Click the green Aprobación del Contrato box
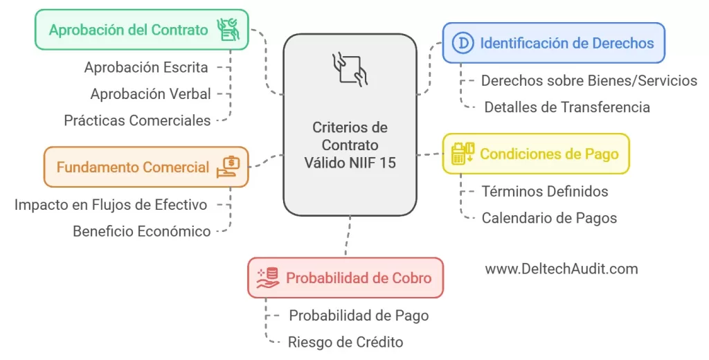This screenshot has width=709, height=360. pyautogui.click(x=141, y=29)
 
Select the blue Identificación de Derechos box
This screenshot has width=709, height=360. pyautogui.click(x=553, y=43)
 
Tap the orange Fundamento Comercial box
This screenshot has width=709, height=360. pyautogui.click(x=146, y=167)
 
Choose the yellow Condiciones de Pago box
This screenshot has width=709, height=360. pyautogui.click(x=536, y=154)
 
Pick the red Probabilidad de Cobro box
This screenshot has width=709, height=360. pyautogui.click(x=345, y=278)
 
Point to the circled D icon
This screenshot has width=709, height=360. pyautogui.click(x=463, y=43)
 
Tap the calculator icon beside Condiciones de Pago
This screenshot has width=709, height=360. pyautogui.click(x=463, y=153)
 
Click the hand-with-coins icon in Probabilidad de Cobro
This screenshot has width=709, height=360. pyautogui.click(x=268, y=278)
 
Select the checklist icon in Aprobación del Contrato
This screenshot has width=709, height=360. pyautogui.click(x=228, y=29)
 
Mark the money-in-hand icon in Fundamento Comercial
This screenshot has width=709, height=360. pyautogui.click(x=228, y=167)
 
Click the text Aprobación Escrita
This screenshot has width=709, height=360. pyautogui.click(x=146, y=67)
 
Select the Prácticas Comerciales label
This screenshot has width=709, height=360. pyautogui.click(x=138, y=120)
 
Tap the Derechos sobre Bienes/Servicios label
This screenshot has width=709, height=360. pyautogui.click(x=589, y=80)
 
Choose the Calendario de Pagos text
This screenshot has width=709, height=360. pyautogui.click(x=549, y=218)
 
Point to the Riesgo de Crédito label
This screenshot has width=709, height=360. pyautogui.click(x=345, y=342)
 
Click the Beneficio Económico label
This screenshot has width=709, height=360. pyautogui.click(x=142, y=231)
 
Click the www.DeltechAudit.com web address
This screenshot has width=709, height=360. pyautogui.click(x=562, y=269)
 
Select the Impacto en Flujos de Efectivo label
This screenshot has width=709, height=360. pyautogui.click(x=111, y=204)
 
